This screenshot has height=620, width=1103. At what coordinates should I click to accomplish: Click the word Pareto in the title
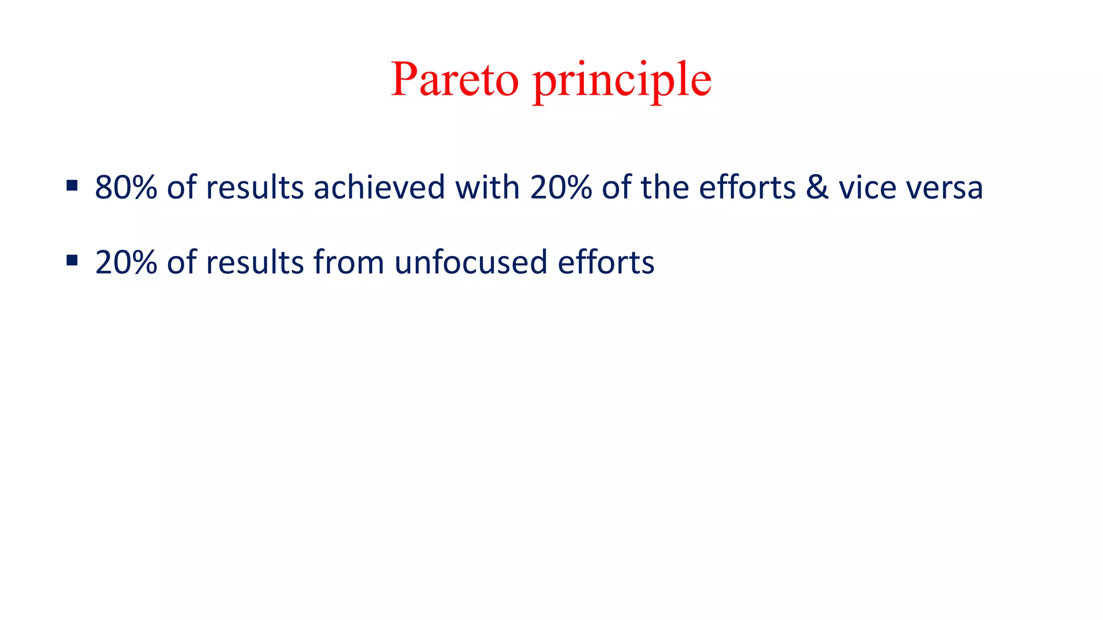tap(455, 80)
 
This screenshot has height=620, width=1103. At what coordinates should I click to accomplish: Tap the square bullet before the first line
tap(72, 186)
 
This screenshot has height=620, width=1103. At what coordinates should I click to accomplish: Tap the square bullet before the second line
tap(72, 261)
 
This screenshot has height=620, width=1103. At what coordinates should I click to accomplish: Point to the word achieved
tap(379, 188)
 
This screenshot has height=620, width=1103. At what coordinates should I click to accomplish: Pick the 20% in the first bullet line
tap(561, 188)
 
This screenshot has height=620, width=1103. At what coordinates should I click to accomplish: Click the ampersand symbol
tap(817, 188)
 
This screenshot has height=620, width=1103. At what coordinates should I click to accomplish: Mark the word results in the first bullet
tap(255, 188)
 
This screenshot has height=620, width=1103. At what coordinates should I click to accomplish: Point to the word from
tap(348, 263)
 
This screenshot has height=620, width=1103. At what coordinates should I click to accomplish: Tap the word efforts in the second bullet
tap(606, 263)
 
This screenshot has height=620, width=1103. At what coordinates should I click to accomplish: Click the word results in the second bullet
tap(255, 263)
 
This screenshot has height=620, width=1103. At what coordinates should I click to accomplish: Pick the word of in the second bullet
tap(181, 263)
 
